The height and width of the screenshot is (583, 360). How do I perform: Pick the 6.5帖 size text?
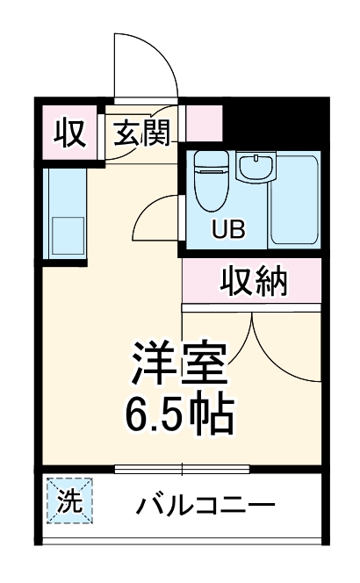(180, 413)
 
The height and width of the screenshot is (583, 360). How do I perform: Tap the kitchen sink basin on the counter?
(66, 233)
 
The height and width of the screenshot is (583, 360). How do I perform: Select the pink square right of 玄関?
(203, 124)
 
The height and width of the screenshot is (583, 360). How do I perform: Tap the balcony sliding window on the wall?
(182, 468)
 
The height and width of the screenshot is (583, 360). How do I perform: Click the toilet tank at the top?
(209, 160)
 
